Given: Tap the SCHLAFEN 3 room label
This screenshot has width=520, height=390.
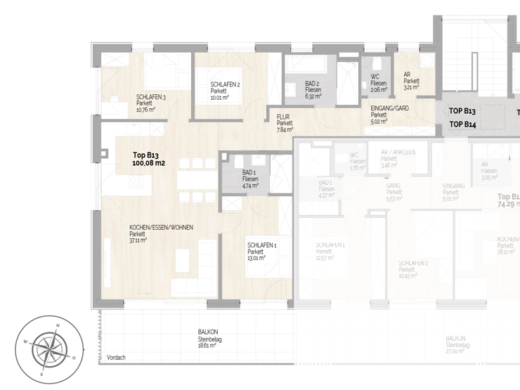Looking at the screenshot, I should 151,97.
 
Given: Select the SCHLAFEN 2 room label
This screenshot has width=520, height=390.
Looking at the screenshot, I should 225,84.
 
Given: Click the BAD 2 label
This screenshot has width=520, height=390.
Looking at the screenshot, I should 313,84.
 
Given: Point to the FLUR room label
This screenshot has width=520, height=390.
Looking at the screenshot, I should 284,117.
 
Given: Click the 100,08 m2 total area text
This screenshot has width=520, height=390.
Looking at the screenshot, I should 148,163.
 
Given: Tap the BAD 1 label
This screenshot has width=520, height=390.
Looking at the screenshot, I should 249,173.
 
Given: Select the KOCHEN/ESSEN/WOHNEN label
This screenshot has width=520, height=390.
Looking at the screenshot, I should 161,227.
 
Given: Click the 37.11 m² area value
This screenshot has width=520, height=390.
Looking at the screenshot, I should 139,240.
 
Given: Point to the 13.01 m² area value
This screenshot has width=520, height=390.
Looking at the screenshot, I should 256,258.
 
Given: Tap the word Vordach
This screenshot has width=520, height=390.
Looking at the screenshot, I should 116,358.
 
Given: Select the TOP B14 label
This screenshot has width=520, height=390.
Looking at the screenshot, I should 462,124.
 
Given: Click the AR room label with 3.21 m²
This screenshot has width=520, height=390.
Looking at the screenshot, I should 407,74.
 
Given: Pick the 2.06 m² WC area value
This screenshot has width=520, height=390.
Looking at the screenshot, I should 379,90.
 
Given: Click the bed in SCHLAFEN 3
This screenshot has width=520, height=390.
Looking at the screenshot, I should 164,73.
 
